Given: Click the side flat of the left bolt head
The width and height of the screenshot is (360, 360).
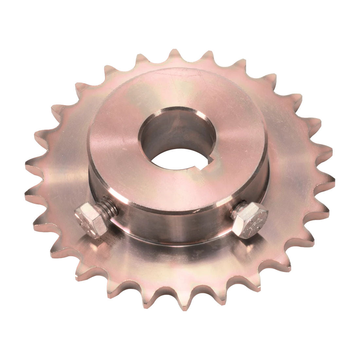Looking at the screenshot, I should click(98, 226).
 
